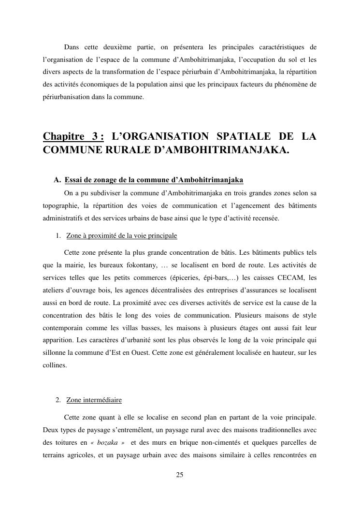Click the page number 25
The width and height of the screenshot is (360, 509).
coord(179,475)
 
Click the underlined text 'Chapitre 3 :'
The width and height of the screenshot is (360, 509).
coord(73,137)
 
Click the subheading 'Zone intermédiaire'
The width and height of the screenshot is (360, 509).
coord(94,400)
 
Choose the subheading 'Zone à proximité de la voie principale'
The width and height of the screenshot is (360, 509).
coord(121,236)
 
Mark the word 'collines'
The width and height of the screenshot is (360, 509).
coord(54,365)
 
